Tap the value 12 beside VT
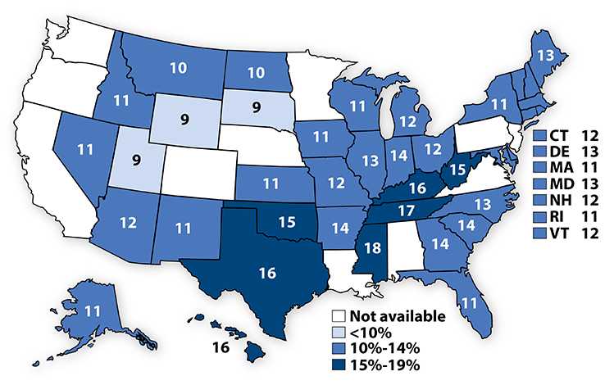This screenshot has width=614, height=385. [x=591, y=231]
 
